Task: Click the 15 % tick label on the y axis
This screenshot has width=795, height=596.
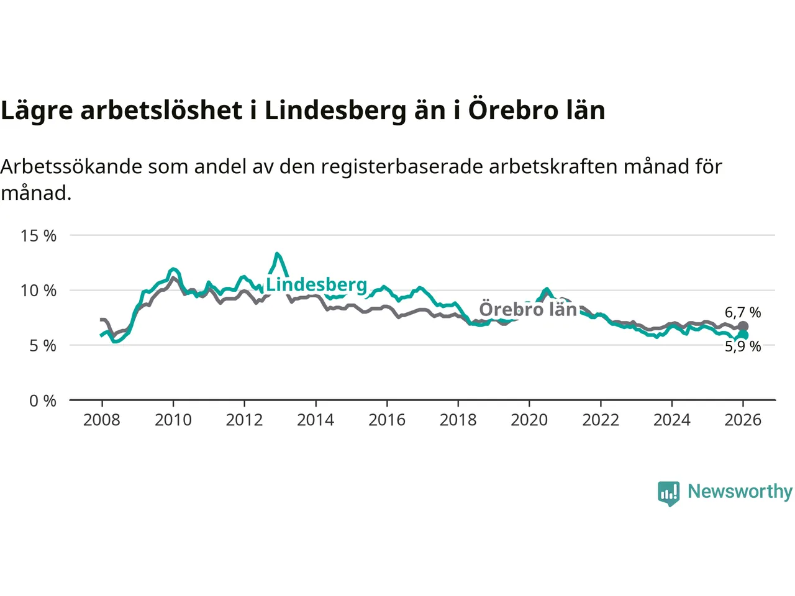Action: point(39,236)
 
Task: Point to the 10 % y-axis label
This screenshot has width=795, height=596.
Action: point(39,291)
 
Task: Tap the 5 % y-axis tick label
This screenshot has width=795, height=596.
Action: point(43,346)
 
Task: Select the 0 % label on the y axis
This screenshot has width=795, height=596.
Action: point(43,401)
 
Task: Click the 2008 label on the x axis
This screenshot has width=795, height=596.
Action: point(102,420)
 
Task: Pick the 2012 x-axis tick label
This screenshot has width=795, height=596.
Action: point(244,420)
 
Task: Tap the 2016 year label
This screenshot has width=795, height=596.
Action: point(387,420)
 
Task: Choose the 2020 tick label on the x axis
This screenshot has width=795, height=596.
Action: point(529,420)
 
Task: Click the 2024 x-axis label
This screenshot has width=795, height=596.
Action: point(672,420)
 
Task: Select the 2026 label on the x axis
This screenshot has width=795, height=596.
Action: point(743,420)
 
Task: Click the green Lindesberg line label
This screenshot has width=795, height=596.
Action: point(317,284)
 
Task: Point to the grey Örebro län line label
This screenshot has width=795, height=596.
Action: point(529,309)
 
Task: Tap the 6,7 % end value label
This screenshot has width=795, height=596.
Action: point(743,312)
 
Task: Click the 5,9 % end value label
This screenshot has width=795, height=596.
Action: point(743,346)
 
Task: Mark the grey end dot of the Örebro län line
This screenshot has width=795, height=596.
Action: point(743,326)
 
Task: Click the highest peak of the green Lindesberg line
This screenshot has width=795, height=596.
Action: point(277,254)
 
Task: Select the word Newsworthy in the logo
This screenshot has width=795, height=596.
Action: point(740,491)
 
